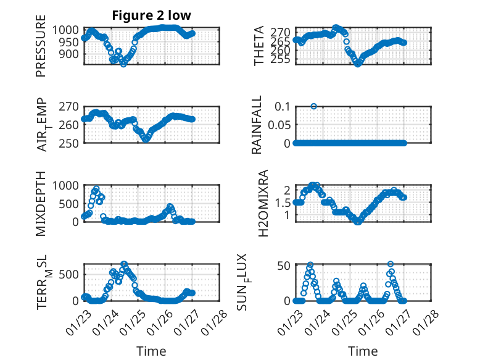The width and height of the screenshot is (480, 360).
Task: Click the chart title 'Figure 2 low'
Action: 151,15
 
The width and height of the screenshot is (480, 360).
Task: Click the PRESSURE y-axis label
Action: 41,51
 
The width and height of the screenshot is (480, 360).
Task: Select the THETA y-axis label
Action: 259,46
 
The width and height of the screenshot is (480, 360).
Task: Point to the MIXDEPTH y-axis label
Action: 41,203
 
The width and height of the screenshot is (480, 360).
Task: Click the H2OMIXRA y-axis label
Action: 263,203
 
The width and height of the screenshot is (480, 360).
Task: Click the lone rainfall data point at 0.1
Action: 314,106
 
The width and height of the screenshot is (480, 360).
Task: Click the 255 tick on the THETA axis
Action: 281,59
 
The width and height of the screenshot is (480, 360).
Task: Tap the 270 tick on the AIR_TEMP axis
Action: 70,106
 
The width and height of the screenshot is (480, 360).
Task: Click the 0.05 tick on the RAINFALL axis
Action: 278,124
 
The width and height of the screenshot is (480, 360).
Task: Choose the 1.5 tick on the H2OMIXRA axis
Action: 283,202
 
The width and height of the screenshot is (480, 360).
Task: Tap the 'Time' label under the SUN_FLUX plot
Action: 363,351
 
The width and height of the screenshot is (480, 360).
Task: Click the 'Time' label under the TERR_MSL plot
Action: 151,351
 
